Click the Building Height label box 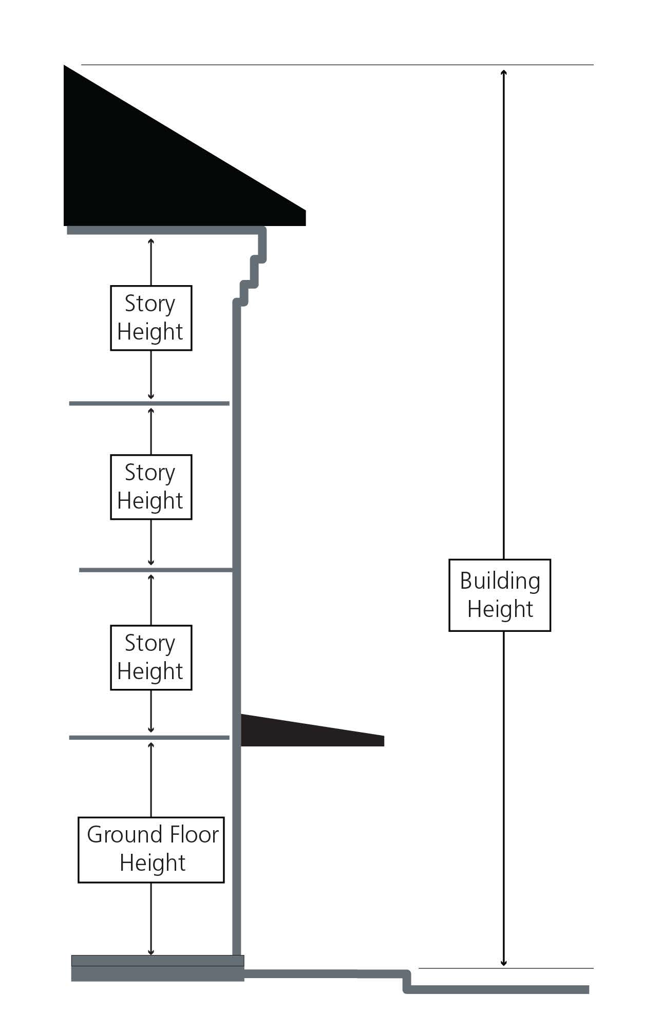499,595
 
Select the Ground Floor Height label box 151,850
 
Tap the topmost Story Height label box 151,318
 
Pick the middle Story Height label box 151,487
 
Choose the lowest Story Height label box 151,658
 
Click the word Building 500,581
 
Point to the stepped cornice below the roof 252,267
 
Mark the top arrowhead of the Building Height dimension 504,72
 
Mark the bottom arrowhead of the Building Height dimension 504,962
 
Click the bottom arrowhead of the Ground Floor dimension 151,951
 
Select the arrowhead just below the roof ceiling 151,242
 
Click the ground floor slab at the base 158,968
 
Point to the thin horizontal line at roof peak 337,65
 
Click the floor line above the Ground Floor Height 149,738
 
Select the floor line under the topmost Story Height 149,404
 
